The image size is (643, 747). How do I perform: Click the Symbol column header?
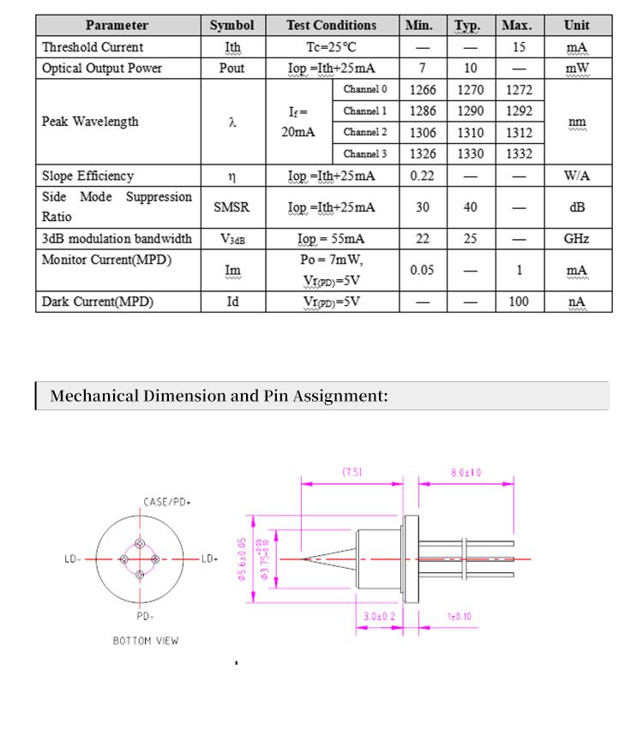tap(231, 26)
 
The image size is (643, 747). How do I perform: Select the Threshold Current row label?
tap(93, 47)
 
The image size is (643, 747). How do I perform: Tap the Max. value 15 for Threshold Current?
tap(519, 47)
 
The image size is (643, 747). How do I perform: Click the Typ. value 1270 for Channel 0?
tap(470, 90)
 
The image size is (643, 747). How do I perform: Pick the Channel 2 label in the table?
tap(365, 133)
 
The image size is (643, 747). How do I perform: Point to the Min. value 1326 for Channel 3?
tap(423, 154)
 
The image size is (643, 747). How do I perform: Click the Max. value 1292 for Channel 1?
tap(519, 111)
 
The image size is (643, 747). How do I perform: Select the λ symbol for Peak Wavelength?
tap(231, 122)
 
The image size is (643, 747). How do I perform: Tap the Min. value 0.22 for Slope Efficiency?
tap(423, 176)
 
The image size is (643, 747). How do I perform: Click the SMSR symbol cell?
tap(231, 207)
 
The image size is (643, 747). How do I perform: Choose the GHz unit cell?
tap(576, 239)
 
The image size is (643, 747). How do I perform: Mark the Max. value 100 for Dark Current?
tap(519, 302)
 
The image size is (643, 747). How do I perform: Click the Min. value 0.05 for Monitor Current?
tap(423, 270)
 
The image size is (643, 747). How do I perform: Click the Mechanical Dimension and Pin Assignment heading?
tap(219, 396)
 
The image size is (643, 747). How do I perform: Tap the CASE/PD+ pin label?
tap(166, 503)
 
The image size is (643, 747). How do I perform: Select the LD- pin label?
tap(73, 559)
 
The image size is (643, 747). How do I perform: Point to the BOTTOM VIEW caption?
tap(146, 641)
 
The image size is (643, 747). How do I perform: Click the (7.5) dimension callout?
tap(352, 472)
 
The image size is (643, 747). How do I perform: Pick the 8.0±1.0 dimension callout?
tap(466, 472)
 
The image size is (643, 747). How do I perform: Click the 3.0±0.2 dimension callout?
tap(379, 616)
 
